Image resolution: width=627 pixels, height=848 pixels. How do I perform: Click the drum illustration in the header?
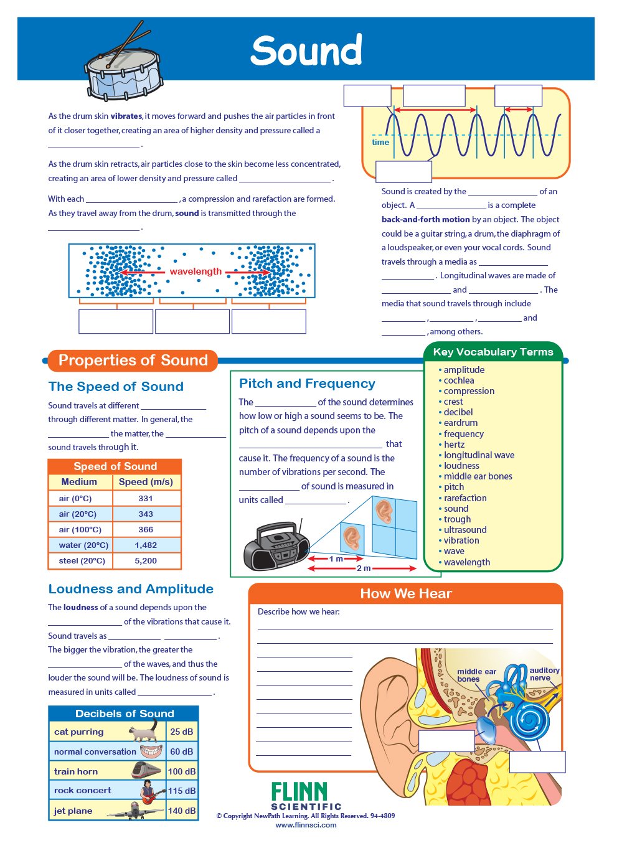123,63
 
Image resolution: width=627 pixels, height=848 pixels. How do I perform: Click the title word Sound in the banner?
306,50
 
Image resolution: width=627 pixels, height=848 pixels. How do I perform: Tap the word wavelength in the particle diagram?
196,271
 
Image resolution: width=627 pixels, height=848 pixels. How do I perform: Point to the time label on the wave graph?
380,142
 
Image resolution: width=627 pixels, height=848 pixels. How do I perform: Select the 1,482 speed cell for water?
146,545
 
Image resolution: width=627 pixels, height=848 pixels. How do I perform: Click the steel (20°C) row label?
82,560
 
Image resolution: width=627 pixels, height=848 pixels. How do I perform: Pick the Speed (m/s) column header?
146,482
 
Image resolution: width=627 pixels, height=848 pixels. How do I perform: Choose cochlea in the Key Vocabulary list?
459,380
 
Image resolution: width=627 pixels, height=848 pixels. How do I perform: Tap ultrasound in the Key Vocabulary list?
465,529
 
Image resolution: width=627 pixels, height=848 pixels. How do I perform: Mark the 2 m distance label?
364,568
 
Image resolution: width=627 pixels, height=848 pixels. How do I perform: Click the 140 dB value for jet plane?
182,811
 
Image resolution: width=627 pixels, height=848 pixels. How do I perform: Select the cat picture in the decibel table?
144,730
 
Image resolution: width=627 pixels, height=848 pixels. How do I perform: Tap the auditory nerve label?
544,674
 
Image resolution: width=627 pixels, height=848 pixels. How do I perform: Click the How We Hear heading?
405,593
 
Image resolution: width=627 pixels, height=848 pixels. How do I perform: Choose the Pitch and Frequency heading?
307,384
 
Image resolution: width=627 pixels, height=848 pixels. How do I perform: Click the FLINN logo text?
299,791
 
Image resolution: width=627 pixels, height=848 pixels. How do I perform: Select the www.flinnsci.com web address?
306,825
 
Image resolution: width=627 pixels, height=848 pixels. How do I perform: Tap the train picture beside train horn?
146,770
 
